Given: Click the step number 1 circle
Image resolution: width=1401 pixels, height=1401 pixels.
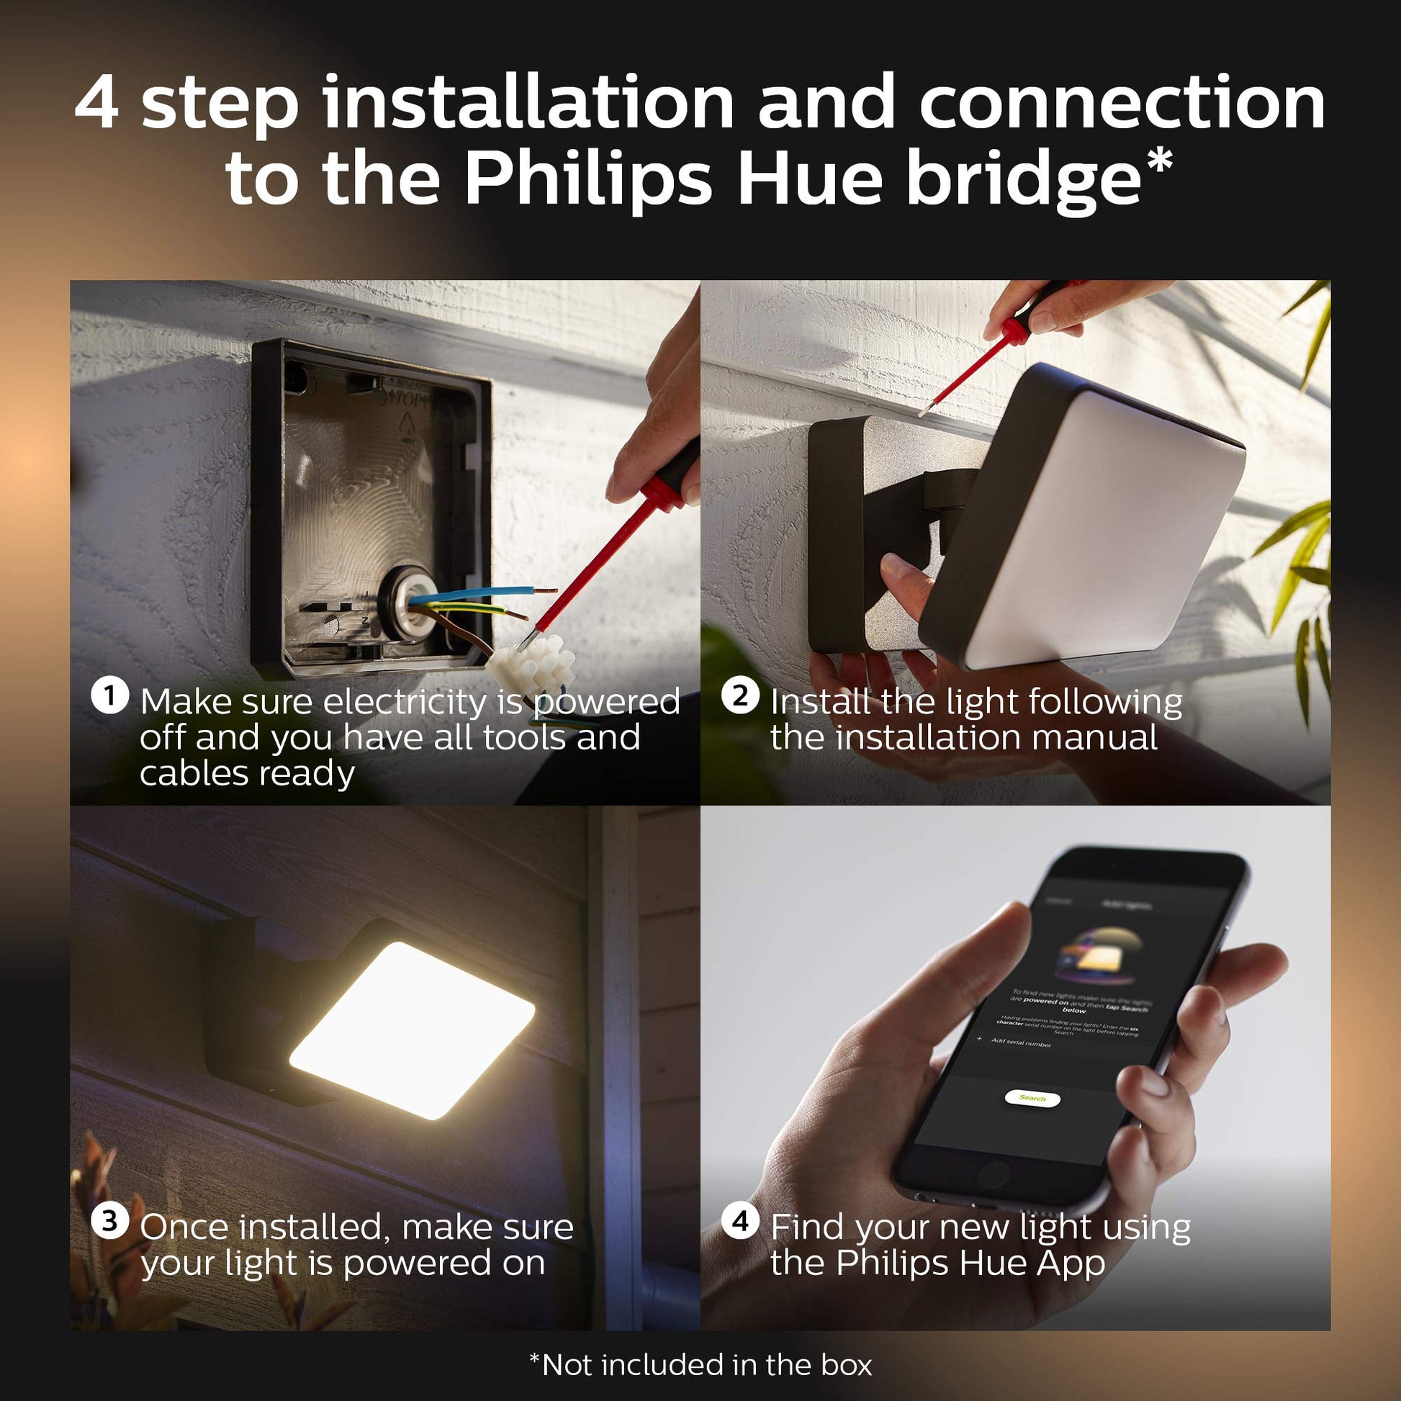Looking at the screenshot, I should coord(109,696).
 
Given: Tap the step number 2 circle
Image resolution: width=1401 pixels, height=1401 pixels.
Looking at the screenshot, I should coord(739,696).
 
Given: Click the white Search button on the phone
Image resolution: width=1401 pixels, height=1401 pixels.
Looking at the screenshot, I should coord(1032,1098).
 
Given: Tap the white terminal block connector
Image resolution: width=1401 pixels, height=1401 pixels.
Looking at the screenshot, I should coord(531,662).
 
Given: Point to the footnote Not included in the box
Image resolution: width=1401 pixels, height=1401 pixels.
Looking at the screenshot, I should coord(700,1365).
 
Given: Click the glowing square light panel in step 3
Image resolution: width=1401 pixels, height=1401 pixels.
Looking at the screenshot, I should coord(411,1030).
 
